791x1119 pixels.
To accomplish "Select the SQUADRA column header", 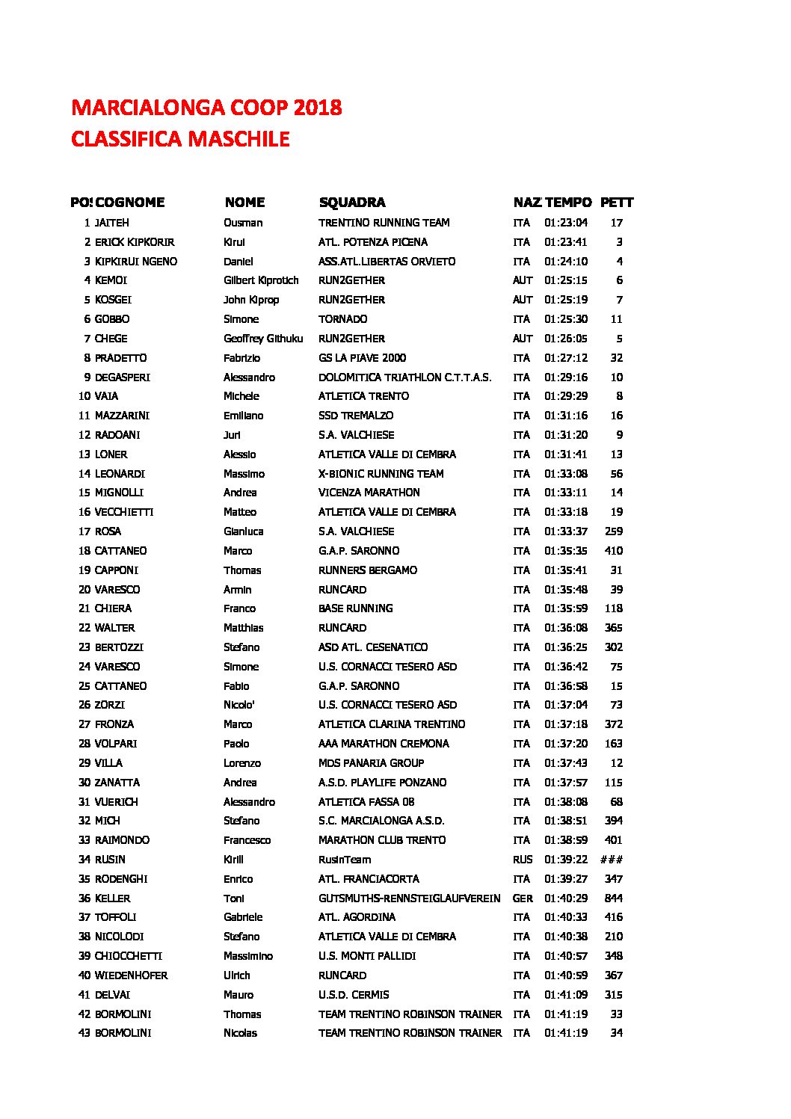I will click(351, 203).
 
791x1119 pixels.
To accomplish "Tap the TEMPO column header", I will click(568, 203).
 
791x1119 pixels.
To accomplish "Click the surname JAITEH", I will click(111, 223).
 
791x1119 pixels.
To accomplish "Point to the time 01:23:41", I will click(565, 242).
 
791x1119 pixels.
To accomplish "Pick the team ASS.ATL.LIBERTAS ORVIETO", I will click(387, 262).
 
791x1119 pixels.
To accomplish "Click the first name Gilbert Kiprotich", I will click(261, 280).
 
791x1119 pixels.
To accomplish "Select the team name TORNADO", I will click(342, 319).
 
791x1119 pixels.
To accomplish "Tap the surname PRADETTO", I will click(120, 358).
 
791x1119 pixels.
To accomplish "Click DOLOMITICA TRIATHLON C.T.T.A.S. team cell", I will click(404, 377).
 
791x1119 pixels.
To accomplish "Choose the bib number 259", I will click(614, 531).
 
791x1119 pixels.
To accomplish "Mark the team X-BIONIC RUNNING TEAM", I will click(381, 474).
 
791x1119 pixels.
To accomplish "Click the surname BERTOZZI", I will click(119, 647).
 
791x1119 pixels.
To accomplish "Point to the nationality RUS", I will click(523, 860).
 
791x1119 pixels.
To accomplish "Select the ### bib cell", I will click(612, 860).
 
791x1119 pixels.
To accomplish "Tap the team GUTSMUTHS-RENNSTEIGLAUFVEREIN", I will click(409, 898).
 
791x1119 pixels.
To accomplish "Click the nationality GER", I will click(523, 898).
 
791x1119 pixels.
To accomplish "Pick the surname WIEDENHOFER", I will click(131, 975).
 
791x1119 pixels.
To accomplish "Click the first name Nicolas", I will click(240, 1033).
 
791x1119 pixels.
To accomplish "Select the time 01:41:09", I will click(565, 995).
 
